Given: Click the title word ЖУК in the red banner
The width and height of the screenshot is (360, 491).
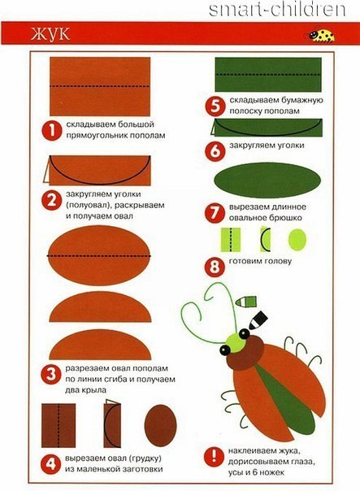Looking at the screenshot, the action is click(x=50, y=33).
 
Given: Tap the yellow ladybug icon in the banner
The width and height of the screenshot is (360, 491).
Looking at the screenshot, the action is click(x=321, y=35).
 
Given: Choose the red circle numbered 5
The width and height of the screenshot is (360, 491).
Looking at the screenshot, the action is click(x=215, y=106).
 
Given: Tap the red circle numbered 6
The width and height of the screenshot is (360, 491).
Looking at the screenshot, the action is click(x=215, y=151).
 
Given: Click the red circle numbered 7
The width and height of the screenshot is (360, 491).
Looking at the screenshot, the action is click(x=215, y=213).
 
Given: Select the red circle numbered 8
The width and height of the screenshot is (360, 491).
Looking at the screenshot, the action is click(x=215, y=267).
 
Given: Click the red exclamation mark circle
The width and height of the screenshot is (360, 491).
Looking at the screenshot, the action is click(x=214, y=456).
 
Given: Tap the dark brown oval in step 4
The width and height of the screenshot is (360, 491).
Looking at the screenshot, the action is click(x=161, y=425).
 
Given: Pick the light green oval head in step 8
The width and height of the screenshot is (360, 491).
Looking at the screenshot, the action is click(x=297, y=240).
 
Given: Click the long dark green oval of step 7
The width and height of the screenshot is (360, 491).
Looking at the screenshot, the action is click(x=267, y=180).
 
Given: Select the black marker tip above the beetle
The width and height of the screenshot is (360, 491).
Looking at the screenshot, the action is click(x=258, y=320).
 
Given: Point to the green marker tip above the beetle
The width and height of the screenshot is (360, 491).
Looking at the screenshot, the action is click(x=246, y=302).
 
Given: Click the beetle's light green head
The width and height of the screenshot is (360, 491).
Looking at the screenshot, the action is click(x=236, y=343).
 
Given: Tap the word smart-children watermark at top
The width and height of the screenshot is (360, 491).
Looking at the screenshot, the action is click(x=277, y=10).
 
